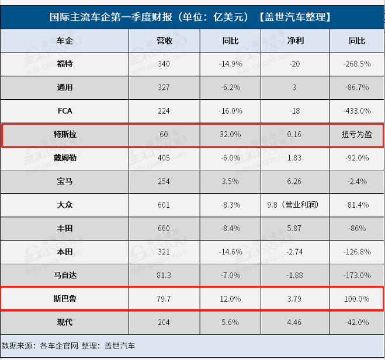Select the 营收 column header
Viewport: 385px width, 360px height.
[164, 41]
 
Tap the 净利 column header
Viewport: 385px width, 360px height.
[294, 41]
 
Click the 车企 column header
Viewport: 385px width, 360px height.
[65, 41]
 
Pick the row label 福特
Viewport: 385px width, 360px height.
[65, 64]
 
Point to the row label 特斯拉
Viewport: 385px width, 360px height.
[65, 134]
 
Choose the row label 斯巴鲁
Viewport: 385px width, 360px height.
[65, 298]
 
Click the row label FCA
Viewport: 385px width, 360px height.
[65, 111]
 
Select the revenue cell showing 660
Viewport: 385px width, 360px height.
[164, 228]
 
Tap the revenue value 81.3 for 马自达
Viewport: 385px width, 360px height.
[164, 275]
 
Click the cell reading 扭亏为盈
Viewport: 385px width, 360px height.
[356, 134]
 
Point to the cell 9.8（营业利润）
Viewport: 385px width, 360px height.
[294, 205]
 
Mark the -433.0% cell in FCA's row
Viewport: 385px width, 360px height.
[356, 111]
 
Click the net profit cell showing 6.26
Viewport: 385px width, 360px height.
[294, 181]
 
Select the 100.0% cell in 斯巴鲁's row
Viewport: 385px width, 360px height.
[356, 298]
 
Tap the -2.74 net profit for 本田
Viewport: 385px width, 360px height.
[294, 251]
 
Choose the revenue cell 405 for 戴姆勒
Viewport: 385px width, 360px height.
[164, 158]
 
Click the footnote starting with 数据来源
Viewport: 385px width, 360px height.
[69, 345]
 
